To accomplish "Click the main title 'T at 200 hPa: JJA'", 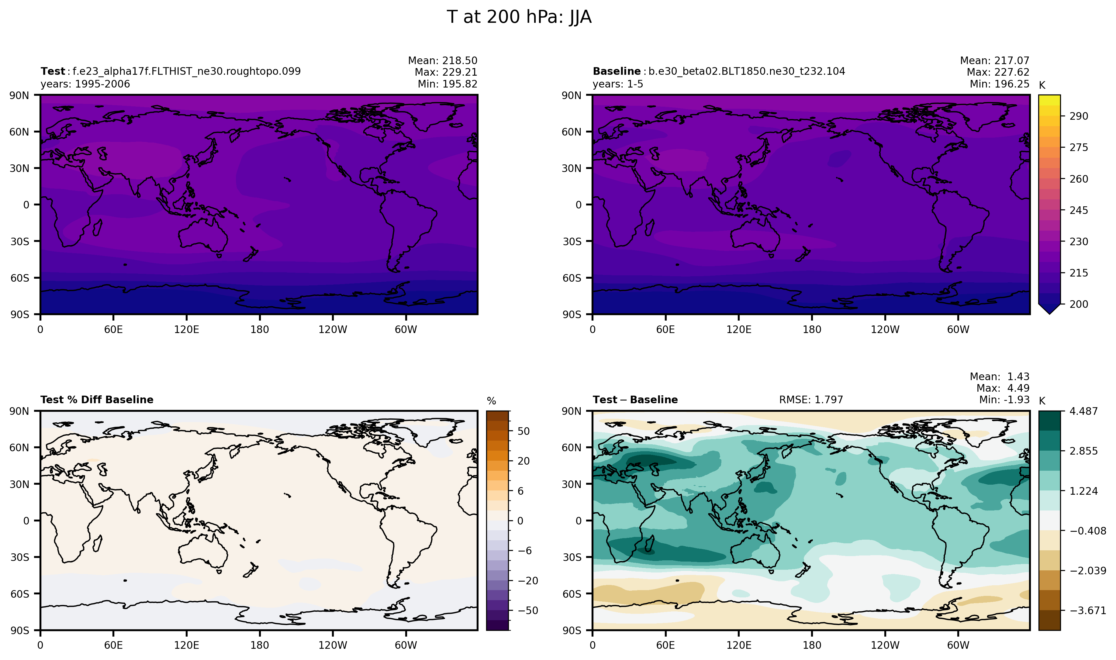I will point(519,17).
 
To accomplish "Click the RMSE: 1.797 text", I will point(810,400).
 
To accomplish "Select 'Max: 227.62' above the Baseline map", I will point(998,72).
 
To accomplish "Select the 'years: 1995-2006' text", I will point(85,84).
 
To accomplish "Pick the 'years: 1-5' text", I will point(617,84).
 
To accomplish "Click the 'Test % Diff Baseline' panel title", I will point(97,400).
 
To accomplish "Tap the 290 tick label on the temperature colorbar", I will point(1079,116).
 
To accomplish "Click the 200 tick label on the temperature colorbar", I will point(1079,304).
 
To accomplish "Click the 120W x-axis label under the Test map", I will point(333,330).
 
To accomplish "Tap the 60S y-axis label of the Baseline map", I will point(572,278).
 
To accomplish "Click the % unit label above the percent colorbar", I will point(491,401).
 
